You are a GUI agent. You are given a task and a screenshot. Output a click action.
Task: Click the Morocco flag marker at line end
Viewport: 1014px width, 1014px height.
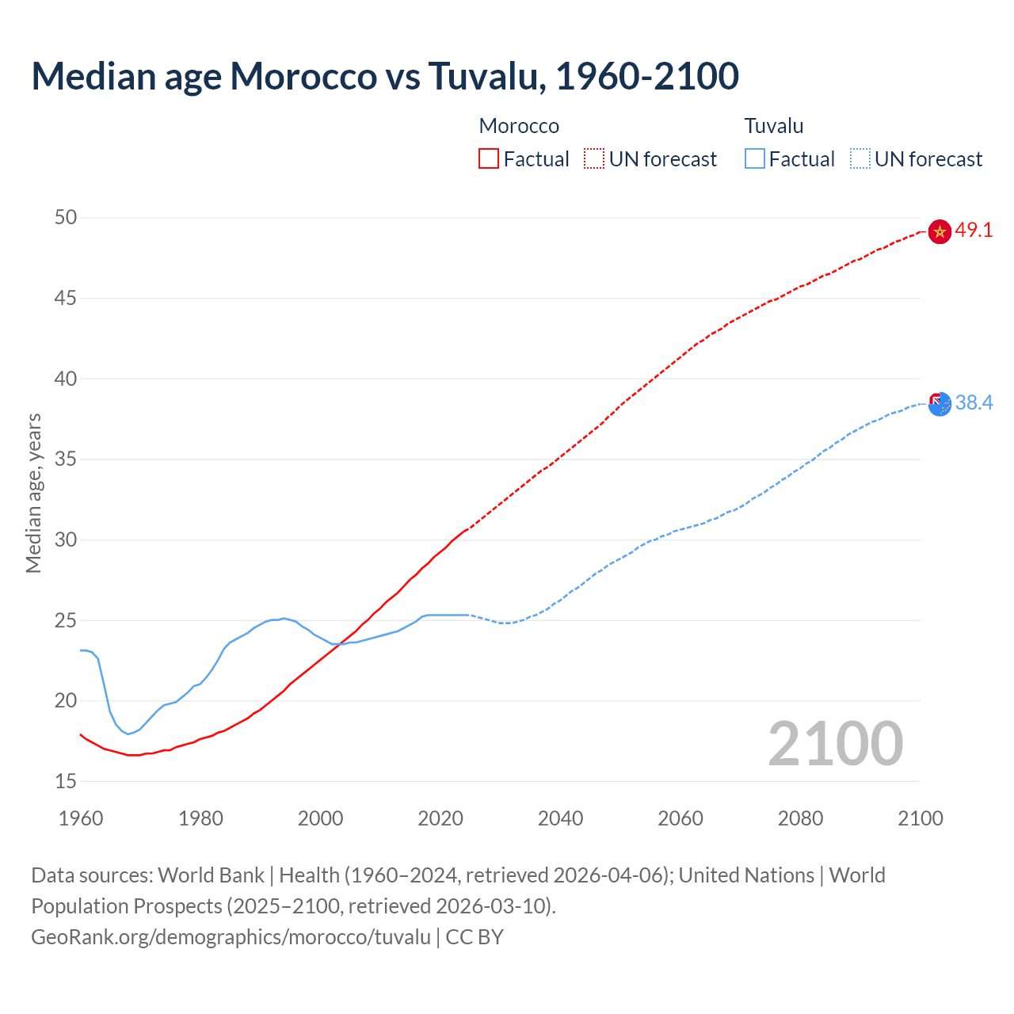940,231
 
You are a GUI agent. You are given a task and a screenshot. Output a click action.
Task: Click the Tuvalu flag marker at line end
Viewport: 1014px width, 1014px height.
940,403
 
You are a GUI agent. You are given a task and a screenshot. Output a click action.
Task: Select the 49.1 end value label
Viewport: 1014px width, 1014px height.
974,231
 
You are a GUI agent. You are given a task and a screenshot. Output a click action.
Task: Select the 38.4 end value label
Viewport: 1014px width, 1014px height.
974,403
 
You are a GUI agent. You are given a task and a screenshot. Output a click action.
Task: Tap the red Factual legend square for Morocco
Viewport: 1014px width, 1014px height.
489,158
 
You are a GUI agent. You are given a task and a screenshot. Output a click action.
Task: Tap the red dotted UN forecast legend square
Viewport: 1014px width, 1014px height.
594,158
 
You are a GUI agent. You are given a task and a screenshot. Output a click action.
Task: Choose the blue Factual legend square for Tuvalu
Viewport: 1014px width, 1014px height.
754,158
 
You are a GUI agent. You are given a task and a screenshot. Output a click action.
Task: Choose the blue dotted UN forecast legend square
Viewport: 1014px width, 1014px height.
860,158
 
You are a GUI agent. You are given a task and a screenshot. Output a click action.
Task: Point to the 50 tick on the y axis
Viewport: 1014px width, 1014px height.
66,217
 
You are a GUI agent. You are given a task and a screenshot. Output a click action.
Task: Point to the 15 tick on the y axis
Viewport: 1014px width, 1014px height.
66,781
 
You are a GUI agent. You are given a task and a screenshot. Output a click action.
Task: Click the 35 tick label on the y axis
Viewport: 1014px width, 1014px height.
66,459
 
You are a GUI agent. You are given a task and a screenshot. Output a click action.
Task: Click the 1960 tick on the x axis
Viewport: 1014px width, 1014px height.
81,818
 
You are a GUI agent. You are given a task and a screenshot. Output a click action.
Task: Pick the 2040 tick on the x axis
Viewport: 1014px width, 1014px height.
560,818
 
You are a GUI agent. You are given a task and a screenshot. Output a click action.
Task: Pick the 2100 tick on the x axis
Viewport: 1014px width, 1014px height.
921,818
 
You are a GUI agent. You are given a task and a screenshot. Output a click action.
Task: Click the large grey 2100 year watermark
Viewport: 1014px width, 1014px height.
835,743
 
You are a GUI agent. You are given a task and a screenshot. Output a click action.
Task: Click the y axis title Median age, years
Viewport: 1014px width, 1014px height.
33,493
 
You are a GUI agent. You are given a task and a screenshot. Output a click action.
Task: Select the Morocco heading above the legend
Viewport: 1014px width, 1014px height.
519,126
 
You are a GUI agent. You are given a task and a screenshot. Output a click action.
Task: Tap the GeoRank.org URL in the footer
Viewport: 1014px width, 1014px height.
231,936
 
